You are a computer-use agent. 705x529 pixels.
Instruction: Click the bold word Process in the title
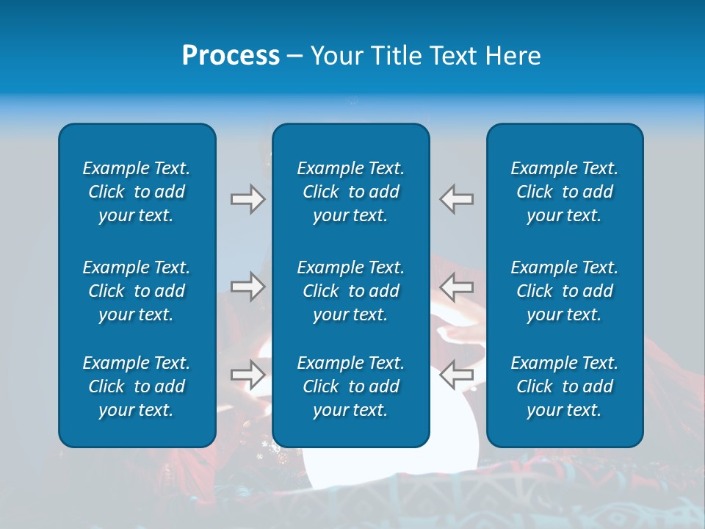click(x=231, y=56)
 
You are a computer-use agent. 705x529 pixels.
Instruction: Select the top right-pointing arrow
click(x=247, y=199)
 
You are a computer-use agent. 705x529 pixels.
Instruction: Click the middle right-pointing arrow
click(x=247, y=287)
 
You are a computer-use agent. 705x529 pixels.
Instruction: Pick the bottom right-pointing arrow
click(x=247, y=375)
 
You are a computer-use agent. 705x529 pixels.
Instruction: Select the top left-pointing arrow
click(x=456, y=199)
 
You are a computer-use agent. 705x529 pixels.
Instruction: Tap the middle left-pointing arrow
click(x=456, y=287)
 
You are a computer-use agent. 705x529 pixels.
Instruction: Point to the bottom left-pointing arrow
click(x=456, y=375)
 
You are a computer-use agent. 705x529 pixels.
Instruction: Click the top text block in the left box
click(x=137, y=192)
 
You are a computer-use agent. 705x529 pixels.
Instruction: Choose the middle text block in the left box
click(x=137, y=291)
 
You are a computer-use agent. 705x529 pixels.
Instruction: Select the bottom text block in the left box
click(x=137, y=386)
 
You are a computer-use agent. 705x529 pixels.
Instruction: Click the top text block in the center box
click(x=350, y=192)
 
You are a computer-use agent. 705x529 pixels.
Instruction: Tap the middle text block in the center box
click(x=350, y=291)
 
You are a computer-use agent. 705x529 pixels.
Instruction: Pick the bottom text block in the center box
click(x=350, y=386)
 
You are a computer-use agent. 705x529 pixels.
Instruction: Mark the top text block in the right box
click(x=564, y=192)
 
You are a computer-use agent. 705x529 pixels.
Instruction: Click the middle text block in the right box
click(x=564, y=291)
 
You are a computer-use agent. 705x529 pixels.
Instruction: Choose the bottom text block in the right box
click(x=564, y=386)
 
